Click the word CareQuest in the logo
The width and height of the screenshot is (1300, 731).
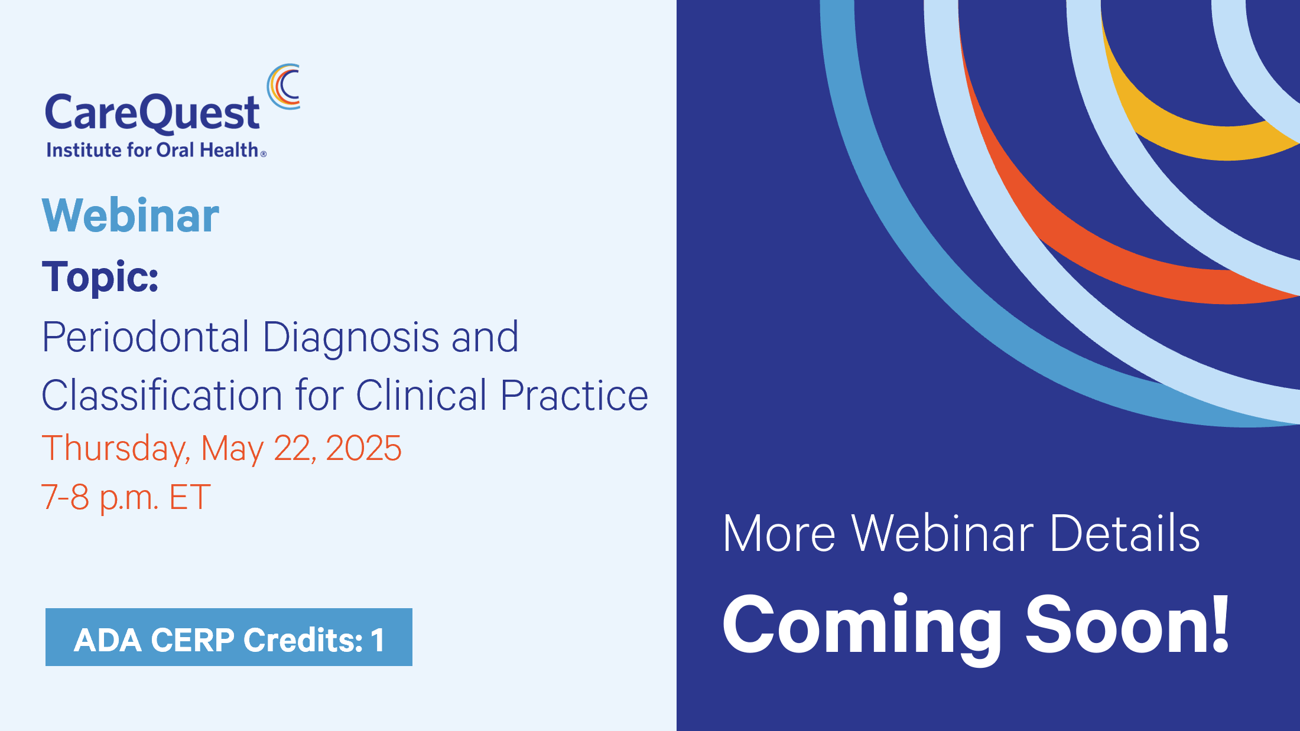pyautogui.click(x=152, y=113)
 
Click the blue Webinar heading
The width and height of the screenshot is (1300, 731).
pyautogui.click(x=131, y=216)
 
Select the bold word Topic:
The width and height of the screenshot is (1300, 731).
pyautogui.click(x=100, y=276)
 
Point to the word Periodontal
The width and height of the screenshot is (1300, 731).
pyautogui.click(x=145, y=337)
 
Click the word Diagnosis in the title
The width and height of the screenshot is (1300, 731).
pyautogui.click(x=351, y=337)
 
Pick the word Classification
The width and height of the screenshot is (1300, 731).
pyautogui.click(x=162, y=395)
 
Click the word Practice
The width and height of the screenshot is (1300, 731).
pyautogui.click(x=574, y=395)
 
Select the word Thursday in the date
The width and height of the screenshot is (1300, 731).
pyautogui.click(x=116, y=449)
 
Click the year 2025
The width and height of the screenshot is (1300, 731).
pyautogui.click(x=363, y=448)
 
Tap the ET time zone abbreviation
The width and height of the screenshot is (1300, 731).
pyautogui.click(x=190, y=497)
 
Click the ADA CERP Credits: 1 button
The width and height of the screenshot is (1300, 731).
pyautogui.click(x=229, y=637)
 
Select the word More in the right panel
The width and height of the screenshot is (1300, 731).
pyautogui.click(x=779, y=534)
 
